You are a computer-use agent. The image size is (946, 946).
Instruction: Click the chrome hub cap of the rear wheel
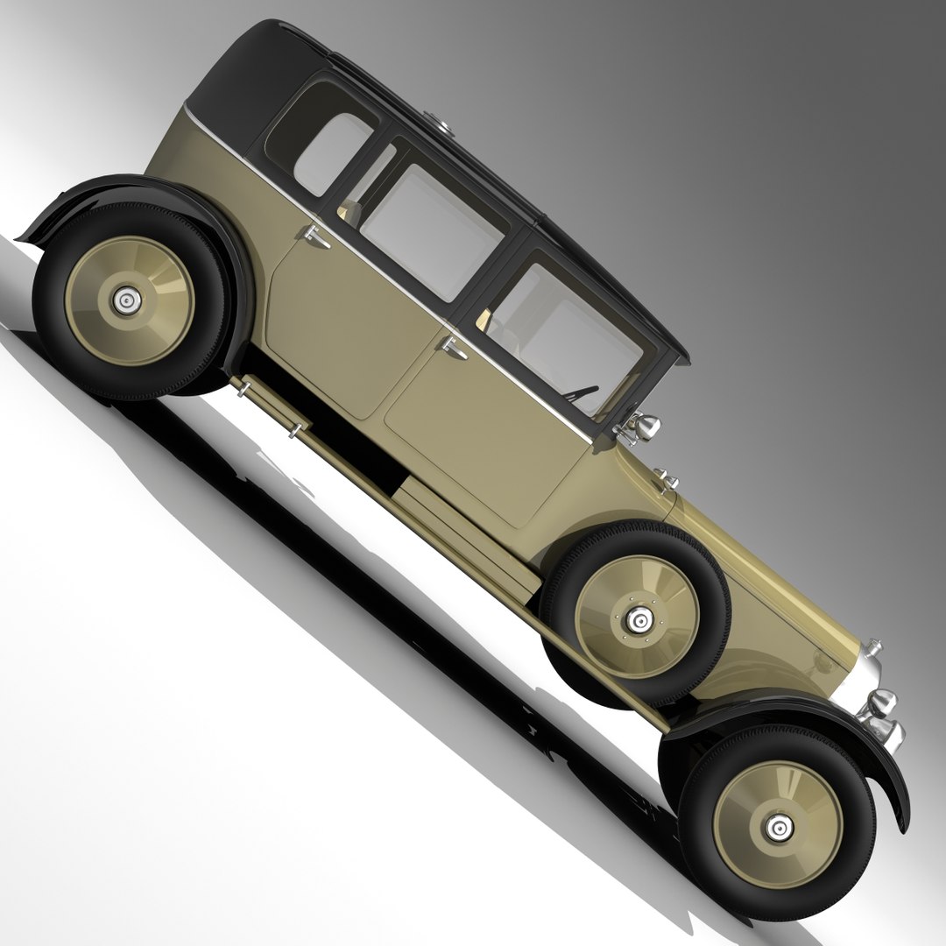(x=128, y=301)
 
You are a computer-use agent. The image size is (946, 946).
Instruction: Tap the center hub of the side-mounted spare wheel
(x=641, y=619)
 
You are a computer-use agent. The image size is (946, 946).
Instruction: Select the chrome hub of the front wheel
(x=778, y=825)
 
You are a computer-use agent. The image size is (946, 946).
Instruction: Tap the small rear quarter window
(x=331, y=153)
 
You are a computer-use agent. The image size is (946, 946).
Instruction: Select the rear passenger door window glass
(x=431, y=231)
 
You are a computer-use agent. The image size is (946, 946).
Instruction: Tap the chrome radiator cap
(x=873, y=648)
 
